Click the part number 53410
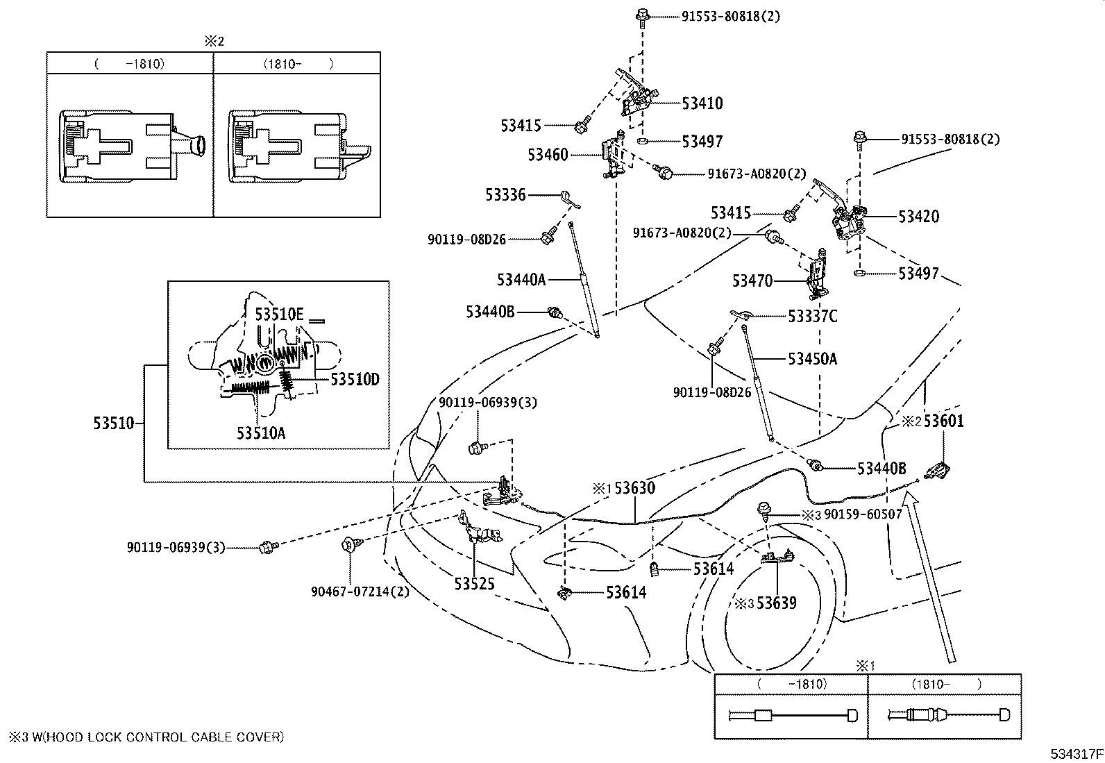(x=702, y=103)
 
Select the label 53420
(x=918, y=216)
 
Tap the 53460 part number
(x=548, y=155)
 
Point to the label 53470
(x=752, y=280)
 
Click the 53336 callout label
(x=505, y=195)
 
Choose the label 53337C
(x=813, y=317)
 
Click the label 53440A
(x=521, y=280)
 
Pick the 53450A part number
(x=813, y=359)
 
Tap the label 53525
(x=474, y=584)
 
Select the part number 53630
(x=635, y=488)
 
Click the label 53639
(x=777, y=603)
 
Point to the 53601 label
(x=943, y=421)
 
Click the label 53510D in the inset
(x=355, y=380)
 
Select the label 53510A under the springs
(x=261, y=433)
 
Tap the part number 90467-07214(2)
(x=360, y=592)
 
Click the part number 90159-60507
(x=863, y=514)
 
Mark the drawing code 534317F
(x=1077, y=753)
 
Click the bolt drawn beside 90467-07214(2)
(x=352, y=545)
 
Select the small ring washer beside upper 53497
(x=642, y=142)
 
